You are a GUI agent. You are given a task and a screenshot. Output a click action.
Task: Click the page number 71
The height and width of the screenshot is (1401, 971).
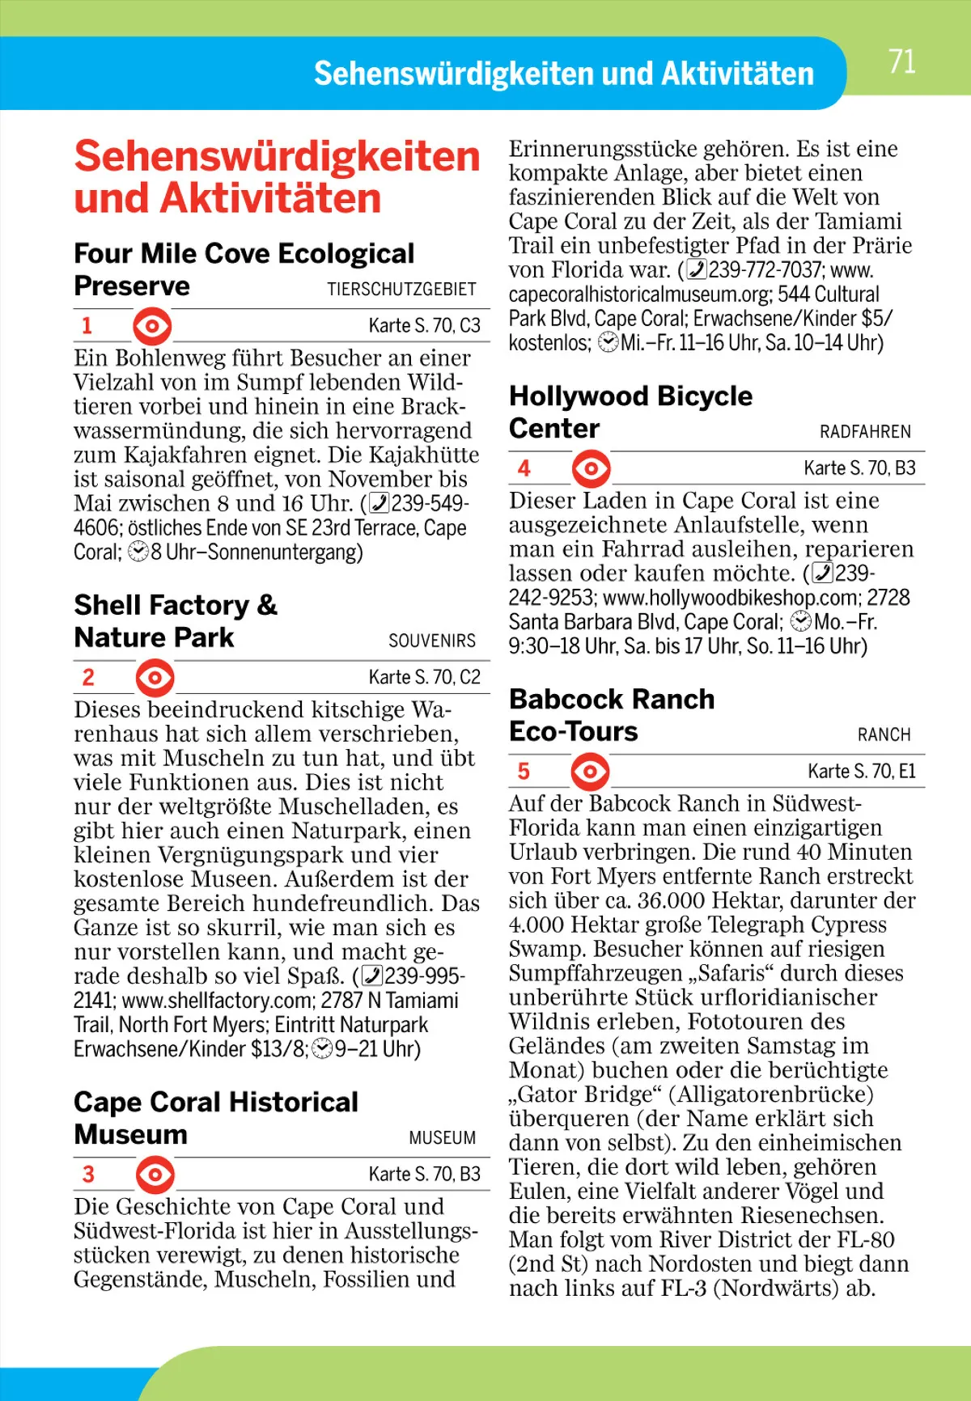(x=901, y=62)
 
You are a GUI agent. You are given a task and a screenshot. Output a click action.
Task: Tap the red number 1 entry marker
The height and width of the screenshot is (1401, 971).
(x=87, y=326)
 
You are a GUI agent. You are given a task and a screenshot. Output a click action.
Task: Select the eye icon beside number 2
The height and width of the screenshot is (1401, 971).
(x=155, y=678)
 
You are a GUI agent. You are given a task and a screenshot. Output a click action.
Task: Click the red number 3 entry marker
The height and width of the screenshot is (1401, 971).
(x=88, y=1174)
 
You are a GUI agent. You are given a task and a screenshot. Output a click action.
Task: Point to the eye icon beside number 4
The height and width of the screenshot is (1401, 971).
(x=591, y=468)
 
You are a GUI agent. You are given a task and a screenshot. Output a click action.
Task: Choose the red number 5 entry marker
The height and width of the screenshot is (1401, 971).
(x=524, y=771)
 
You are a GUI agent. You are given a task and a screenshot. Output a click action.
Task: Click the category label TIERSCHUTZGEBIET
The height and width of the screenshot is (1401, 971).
(x=401, y=290)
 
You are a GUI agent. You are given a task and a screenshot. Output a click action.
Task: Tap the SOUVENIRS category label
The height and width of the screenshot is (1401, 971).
(x=432, y=641)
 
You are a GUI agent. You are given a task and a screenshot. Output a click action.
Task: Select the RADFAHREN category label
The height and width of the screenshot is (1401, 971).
(x=865, y=432)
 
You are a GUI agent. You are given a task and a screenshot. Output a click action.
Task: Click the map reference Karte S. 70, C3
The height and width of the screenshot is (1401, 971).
(x=424, y=326)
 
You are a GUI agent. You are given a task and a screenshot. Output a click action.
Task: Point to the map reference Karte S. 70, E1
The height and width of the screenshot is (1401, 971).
(x=861, y=772)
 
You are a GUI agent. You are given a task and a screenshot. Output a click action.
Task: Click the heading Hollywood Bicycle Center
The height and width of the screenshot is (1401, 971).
(x=630, y=412)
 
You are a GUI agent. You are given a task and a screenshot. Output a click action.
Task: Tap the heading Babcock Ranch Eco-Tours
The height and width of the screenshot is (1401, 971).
(x=612, y=715)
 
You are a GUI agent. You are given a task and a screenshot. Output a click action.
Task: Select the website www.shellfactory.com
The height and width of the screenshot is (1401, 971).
(x=216, y=1001)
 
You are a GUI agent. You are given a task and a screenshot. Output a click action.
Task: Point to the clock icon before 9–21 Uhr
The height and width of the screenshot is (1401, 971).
(x=321, y=1049)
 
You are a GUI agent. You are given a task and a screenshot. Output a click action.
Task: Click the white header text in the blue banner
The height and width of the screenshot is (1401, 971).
(x=563, y=74)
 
